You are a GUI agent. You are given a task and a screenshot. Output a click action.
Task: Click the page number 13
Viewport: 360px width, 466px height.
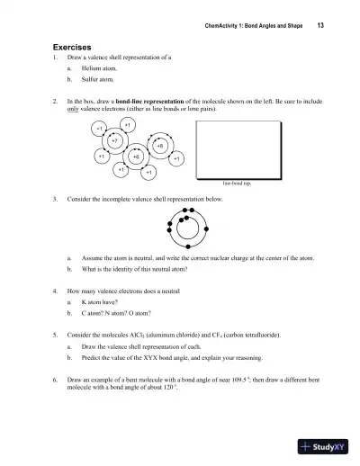point(320,26)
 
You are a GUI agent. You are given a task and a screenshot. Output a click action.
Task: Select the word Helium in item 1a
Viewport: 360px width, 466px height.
point(92,67)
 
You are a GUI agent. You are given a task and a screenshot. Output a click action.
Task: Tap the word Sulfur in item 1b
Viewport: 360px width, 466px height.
point(91,78)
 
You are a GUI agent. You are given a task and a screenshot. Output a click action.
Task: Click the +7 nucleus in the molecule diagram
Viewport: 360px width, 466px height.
point(113,141)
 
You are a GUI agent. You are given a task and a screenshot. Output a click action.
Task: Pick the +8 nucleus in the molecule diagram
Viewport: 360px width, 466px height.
point(159,145)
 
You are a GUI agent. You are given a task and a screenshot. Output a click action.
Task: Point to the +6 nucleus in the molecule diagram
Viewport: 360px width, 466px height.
point(136,157)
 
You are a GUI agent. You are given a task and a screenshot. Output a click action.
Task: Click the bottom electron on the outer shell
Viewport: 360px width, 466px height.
point(190,246)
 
